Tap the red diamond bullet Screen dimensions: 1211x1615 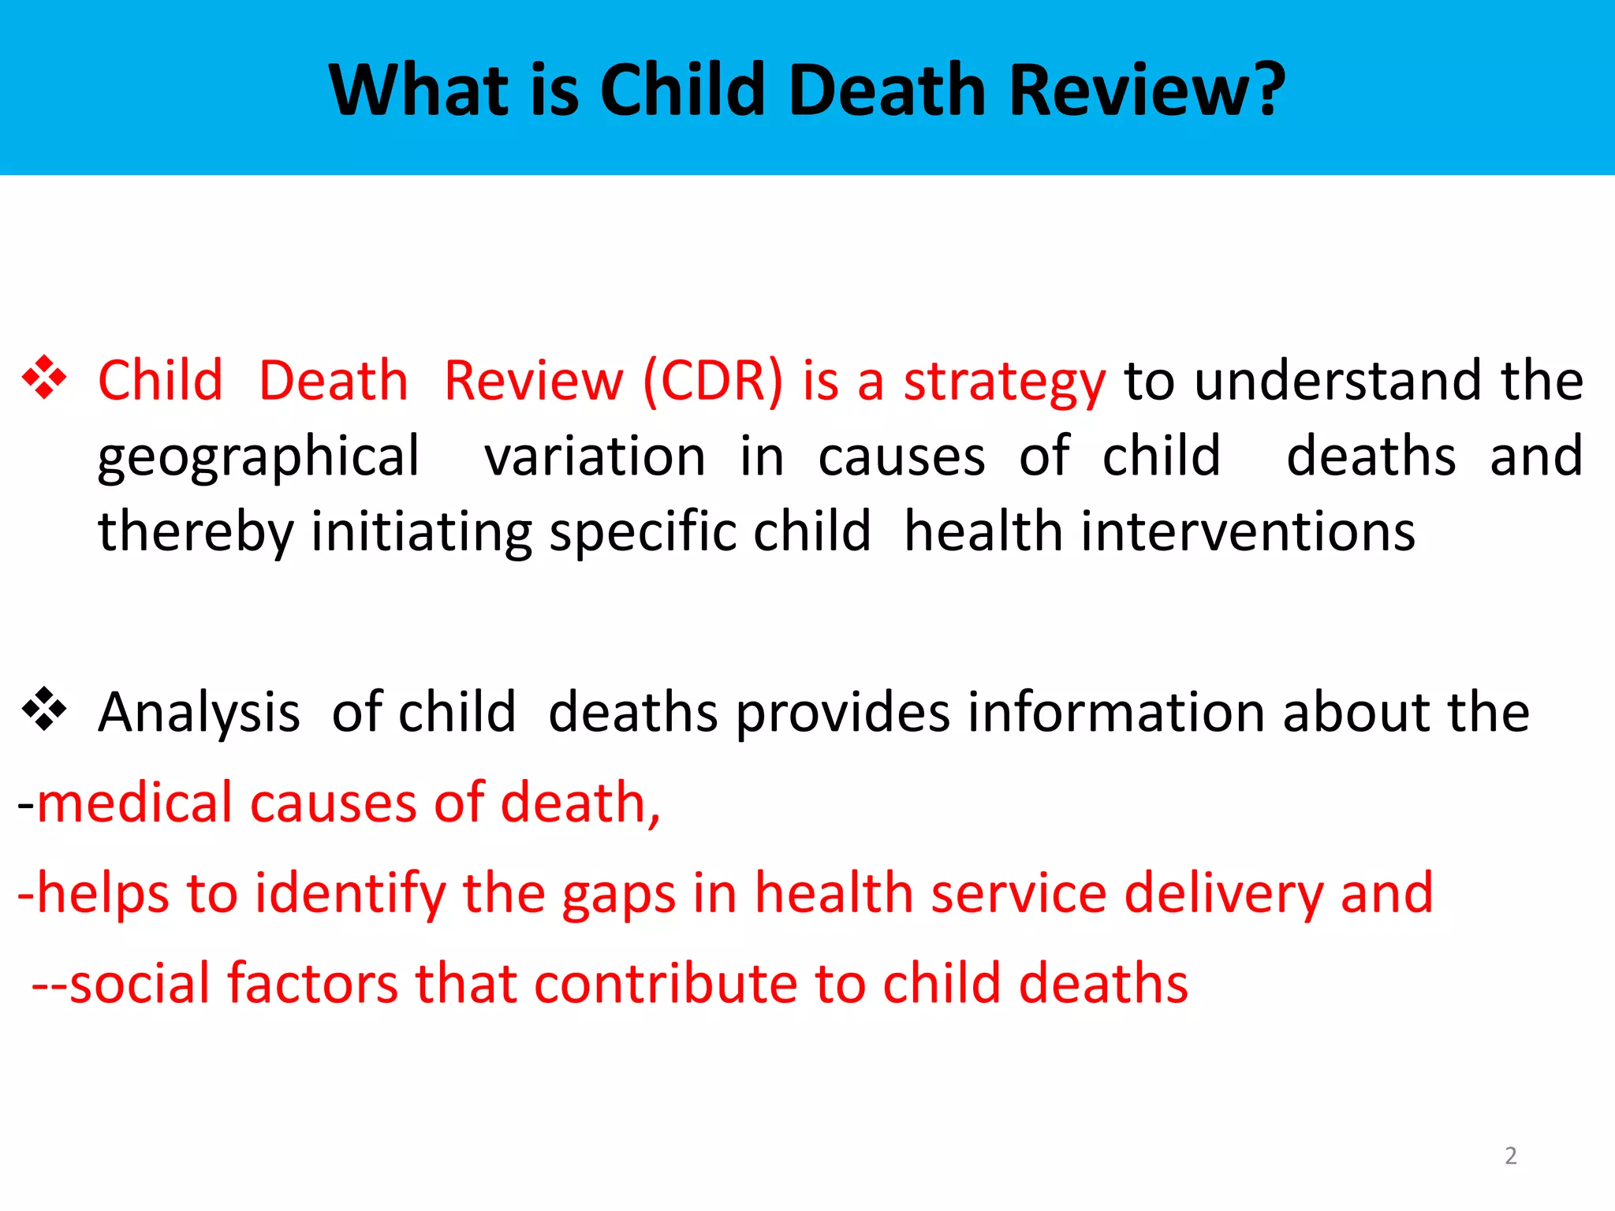tap(44, 378)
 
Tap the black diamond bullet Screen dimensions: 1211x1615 tap(44, 709)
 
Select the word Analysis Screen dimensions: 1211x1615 tap(199, 713)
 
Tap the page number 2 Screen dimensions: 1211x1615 tap(1510, 1156)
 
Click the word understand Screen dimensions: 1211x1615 tap(1337, 382)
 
